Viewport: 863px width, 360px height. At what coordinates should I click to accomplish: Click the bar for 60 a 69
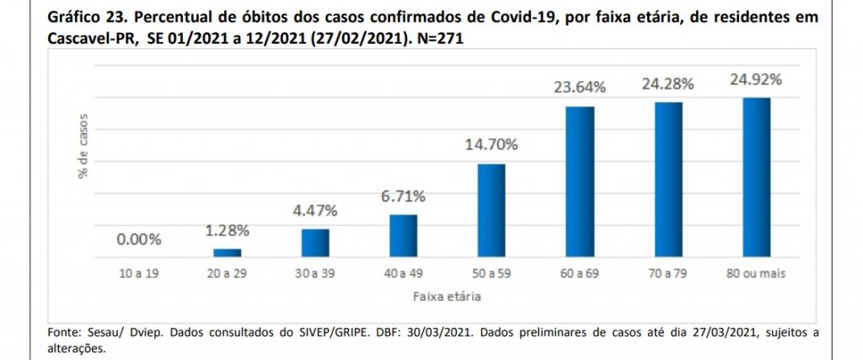pyautogui.click(x=580, y=181)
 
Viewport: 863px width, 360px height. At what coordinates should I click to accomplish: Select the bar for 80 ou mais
pyautogui.click(x=756, y=177)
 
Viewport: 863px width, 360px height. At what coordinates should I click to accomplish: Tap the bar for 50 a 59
pyautogui.click(x=491, y=210)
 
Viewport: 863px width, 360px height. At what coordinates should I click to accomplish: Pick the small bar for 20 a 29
pyautogui.click(x=228, y=253)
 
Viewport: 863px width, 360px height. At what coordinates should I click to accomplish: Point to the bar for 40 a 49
pyautogui.click(x=404, y=235)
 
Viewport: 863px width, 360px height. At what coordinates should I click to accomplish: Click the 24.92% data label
pyautogui.click(x=756, y=80)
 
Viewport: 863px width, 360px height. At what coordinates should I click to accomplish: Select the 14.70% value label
pyautogui.click(x=491, y=145)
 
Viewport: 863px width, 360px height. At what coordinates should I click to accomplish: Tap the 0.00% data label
pyautogui.click(x=139, y=240)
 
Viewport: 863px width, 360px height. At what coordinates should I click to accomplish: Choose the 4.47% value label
pyautogui.click(x=315, y=211)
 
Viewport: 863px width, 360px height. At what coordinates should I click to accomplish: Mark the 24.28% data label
pyautogui.click(x=668, y=84)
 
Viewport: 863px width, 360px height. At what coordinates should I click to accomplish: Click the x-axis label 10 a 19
pyautogui.click(x=139, y=273)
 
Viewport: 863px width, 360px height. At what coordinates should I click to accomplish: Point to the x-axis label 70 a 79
pyautogui.click(x=667, y=273)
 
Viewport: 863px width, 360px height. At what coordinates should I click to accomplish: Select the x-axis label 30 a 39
pyautogui.click(x=315, y=273)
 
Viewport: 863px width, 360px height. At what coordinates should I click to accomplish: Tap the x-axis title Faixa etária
pyautogui.click(x=447, y=298)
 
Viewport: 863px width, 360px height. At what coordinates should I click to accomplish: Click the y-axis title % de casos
pyautogui.click(x=83, y=146)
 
